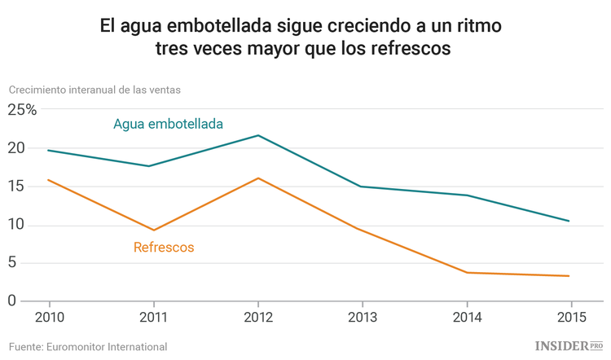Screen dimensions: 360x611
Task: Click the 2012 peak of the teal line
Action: pyautogui.click(x=258, y=135)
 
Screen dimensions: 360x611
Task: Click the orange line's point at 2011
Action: pyautogui.click(x=153, y=230)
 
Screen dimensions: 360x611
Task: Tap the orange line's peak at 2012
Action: pyautogui.click(x=258, y=178)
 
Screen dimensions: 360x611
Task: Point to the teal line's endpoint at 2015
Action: pyautogui.click(x=569, y=221)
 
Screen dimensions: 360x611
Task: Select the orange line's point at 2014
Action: pyautogui.click(x=466, y=272)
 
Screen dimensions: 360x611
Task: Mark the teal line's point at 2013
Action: pyautogui.click(x=362, y=187)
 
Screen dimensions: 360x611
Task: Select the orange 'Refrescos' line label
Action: pyautogui.click(x=164, y=247)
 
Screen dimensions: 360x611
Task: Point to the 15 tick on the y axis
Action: pyautogui.click(x=16, y=187)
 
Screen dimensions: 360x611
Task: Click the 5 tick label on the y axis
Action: pyautogui.click(x=12, y=262)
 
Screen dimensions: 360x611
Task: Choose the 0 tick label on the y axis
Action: pyautogui.click(x=12, y=301)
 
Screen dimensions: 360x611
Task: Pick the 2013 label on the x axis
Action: pyautogui.click(x=362, y=317)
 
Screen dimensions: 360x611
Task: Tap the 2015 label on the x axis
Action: pyautogui.click(x=569, y=317)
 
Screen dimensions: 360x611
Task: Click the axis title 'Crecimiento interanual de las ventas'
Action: pyautogui.click(x=95, y=90)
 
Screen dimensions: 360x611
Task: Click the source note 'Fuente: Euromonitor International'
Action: pyautogui.click(x=88, y=346)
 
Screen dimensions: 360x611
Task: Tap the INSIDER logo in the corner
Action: pyautogui.click(x=561, y=346)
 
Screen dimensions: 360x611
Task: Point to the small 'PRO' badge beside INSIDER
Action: pyautogui.click(x=596, y=345)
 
